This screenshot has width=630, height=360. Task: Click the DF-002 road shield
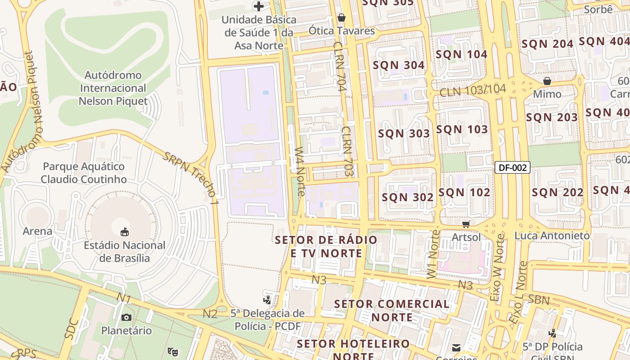click(x=513, y=168)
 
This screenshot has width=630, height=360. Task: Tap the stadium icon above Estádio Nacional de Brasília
click(x=125, y=232)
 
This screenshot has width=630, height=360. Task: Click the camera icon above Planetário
click(x=126, y=317)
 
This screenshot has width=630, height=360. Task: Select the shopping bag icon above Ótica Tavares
click(x=342, y=18)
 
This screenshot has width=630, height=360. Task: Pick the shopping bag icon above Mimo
click(x=547, y=81)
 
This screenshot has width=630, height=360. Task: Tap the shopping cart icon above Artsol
click(x=466, y=224)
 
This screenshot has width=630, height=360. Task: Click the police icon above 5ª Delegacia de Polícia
click(x=267, y=299)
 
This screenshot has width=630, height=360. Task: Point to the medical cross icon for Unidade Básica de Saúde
click(x=259, y=6)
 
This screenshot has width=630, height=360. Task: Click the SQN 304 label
click(x=399, y=65)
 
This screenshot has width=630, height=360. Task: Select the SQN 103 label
click(x=462, y=130)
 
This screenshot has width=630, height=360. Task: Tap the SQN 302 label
click(x=408, y=197)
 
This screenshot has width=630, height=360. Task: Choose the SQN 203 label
click(x=552, y=117)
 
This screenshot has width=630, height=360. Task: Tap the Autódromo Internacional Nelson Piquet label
click(x=113, y=88)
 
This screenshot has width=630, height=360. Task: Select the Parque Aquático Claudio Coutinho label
click(x=84, y=173)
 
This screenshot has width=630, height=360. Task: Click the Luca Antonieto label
click(x=552, y=236)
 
